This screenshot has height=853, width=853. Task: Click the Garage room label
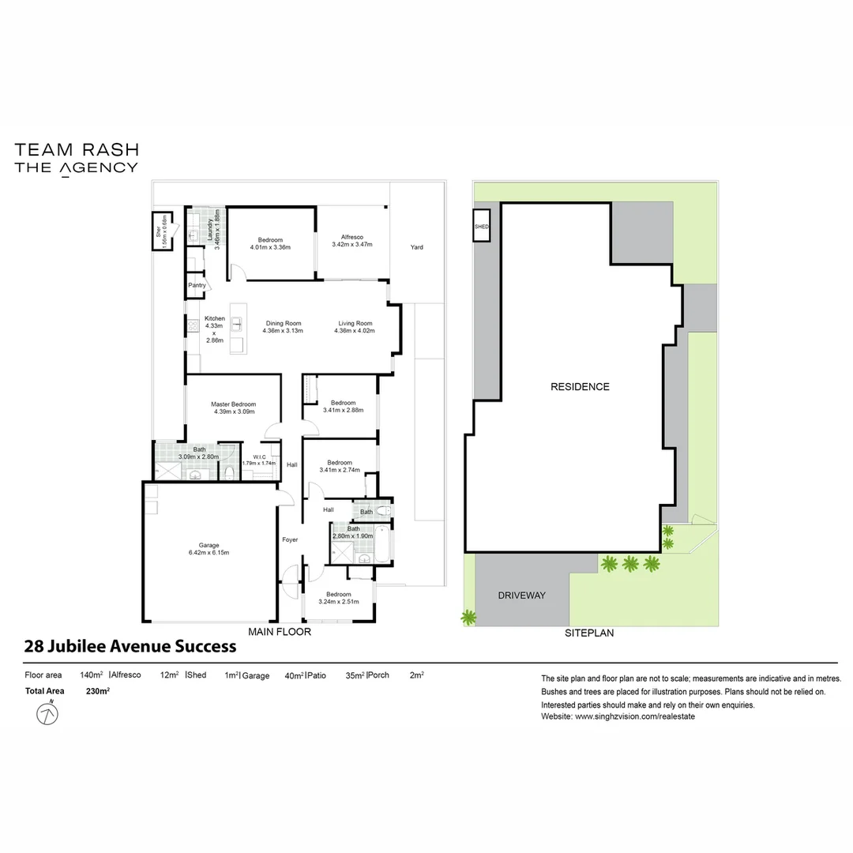pos(209,545)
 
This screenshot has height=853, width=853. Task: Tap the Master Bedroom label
pos(233,404)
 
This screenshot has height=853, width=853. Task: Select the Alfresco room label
pos(351,237)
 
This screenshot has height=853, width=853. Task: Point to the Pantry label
pos(197,285)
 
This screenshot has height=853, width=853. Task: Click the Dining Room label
pos(283,323)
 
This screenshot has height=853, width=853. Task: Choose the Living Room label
pos(355,323)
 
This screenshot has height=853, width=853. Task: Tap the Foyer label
pos(291,539)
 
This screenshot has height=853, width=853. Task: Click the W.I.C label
pos(258,457)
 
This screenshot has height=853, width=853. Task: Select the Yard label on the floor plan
pos(416,247)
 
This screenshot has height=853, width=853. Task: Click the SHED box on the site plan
pos(482,226)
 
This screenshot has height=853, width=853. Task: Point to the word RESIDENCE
pos(580,387)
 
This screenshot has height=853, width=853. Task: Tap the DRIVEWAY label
pos(521,596)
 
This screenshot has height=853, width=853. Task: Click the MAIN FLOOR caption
pos(280,632)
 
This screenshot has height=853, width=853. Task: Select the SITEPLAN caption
pos(589,633)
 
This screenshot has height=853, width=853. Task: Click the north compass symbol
pos(48,714)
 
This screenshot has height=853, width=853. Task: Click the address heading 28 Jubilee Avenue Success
pos(130,646)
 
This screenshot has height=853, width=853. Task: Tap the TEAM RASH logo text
pos(77,149)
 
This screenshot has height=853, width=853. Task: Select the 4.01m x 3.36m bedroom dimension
pos(270,247)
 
